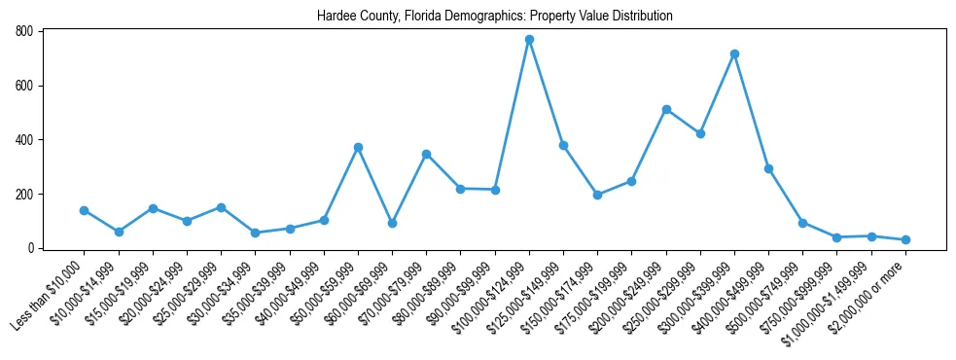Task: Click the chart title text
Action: pos(494,17)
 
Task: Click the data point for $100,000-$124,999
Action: pos(529,40)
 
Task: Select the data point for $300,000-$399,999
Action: pos(734,54)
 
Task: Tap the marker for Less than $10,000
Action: pos(85,210)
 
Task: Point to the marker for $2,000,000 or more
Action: pos(905,239)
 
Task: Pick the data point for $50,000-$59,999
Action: pos(358,147)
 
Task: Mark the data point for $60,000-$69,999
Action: pos(392,223)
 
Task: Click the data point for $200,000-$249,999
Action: pos(666,109)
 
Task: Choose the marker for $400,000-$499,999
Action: pos(768,168)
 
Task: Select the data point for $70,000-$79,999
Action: pos(426,154)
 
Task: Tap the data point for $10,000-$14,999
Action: pos(119,232)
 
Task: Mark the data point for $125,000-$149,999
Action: pos(563,145)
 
